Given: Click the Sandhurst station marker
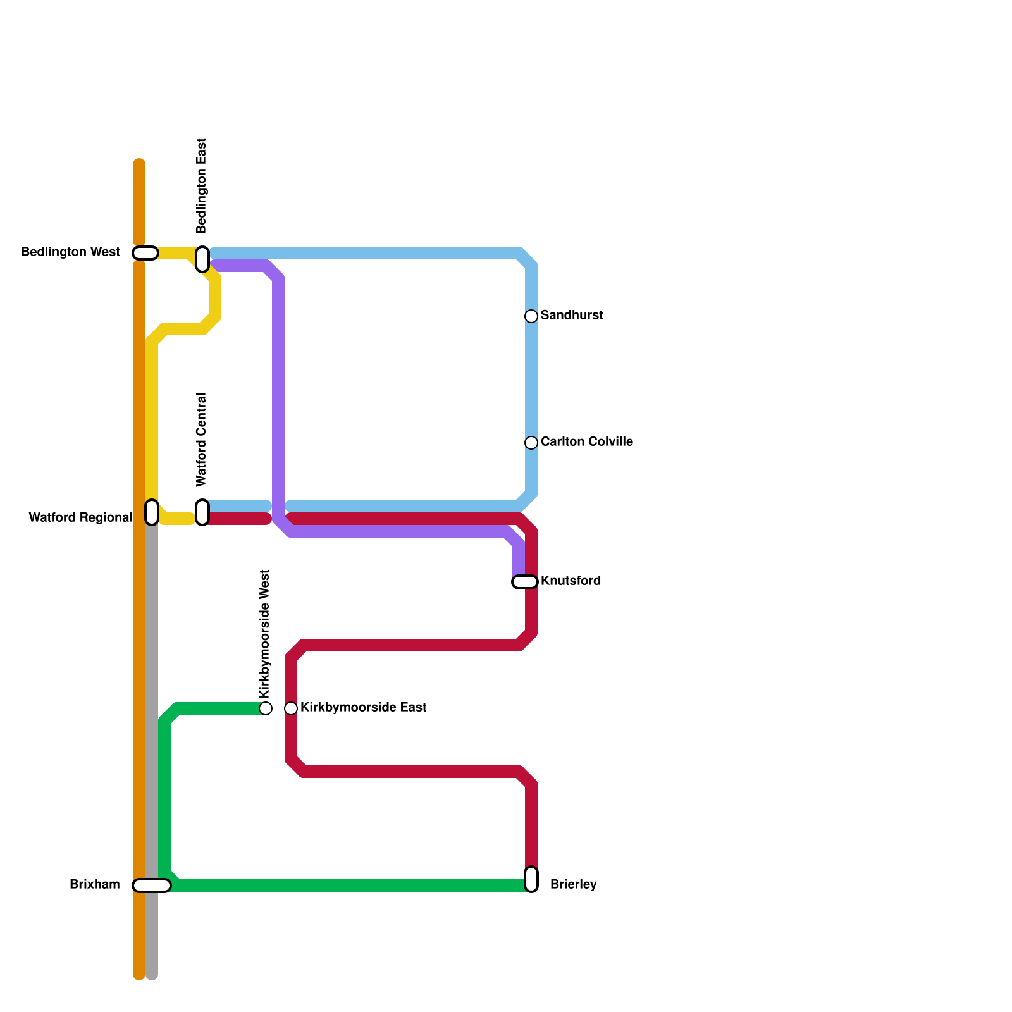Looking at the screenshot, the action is pyautogui.click(x=531, y=316).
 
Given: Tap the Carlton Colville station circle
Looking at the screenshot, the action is pyautogui.click(x=531, y=443).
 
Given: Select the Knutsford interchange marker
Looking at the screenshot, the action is pyautogui.click(x=525, y=582).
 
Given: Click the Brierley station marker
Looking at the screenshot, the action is pyautogui.click(x=531, y=879).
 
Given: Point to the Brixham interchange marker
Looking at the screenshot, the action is pyautogui.click(x=152, y=885).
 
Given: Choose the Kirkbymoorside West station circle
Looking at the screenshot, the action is pyautogui.click(x=266, y=708).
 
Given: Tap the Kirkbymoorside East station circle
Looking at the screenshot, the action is pyautogui.click(x=291, y=708).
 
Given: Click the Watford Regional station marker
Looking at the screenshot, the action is pyautogui.click(x=152, y=512).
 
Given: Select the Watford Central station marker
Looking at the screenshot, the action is pyautogui.click(x=202, y=512).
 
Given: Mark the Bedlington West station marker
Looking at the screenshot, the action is pyautogui.click(x=145, y=253).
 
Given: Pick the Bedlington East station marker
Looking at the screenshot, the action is pyautogui.click(x=202, y=259).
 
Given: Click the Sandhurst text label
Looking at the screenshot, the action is pyautogui.click(x=572, y=316).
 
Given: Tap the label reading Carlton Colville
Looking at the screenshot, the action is pyautogui.click(x=586, y=442).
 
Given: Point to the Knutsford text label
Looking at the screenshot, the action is pyautogui.click(x=571, y=581).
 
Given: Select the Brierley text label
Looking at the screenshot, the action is pyautogui.click(x=573, y=885).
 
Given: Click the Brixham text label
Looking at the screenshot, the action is pyautogui.click(x=95, y=885).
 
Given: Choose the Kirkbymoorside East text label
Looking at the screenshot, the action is pyautogui.click(x=363, y=708).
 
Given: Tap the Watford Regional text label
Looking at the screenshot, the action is pyautogui.click(x=80, y=518).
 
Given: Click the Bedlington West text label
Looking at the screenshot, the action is pyautogui.click(x=70, y=252).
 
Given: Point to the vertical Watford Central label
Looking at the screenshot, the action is pyautogui.click(x=202, y=440).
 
